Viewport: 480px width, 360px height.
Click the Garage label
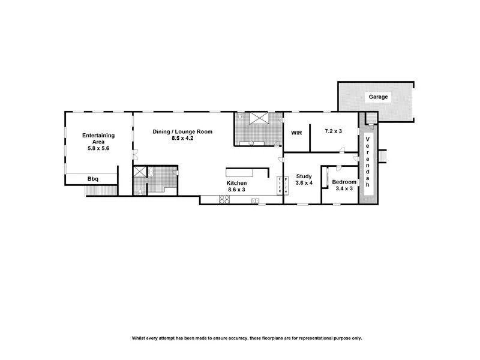point(378,97)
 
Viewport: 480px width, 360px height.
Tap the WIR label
point(295,132)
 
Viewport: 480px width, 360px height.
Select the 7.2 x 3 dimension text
point(333,131)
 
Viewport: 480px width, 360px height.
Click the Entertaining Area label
point(98,139)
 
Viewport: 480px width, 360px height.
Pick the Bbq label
point(93,179)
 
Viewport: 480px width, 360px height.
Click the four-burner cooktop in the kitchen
point(224,200)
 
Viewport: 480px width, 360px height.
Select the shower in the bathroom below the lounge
point(139,172)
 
